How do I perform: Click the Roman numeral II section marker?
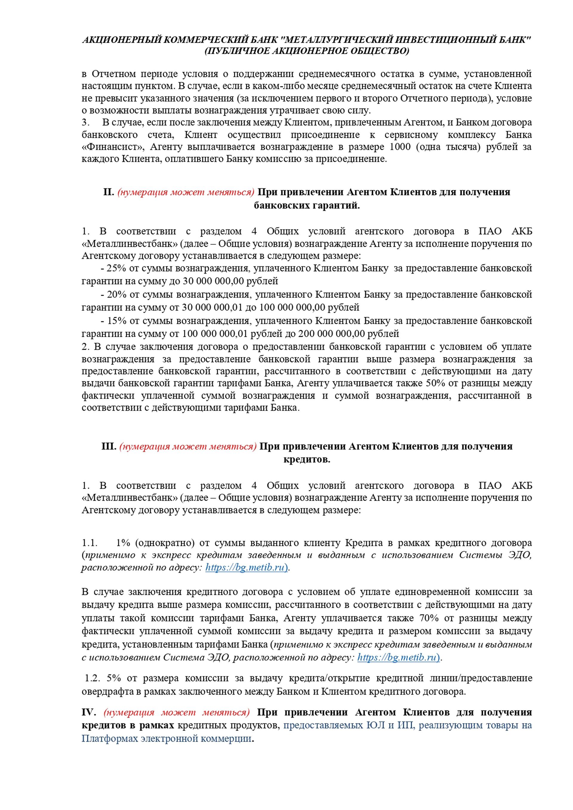click(108, 192)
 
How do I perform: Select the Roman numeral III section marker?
click(109, 446)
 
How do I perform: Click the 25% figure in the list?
click(116, 268)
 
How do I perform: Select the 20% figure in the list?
click(116, 294)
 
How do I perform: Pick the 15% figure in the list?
click(116, 321)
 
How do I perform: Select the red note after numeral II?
click(185, 192)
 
